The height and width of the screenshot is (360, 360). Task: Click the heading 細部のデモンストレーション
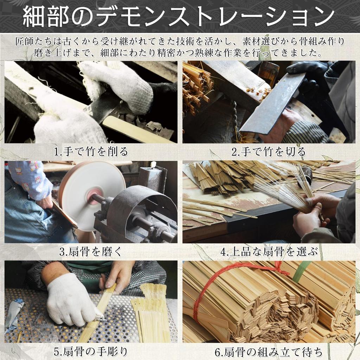[179, 16]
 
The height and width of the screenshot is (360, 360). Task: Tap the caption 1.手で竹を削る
[91, 152]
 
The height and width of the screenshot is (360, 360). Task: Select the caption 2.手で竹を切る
[269, 152]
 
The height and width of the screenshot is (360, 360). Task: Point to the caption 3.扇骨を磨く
[91, 252]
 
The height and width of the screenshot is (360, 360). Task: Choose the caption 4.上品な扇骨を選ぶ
[269, 252]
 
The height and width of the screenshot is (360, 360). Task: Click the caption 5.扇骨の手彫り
[91, 352]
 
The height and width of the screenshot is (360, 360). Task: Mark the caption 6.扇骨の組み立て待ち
[269, 352]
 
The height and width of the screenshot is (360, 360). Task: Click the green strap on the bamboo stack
[301, 271]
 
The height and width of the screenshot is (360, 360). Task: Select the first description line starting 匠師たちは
[180, 41]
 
